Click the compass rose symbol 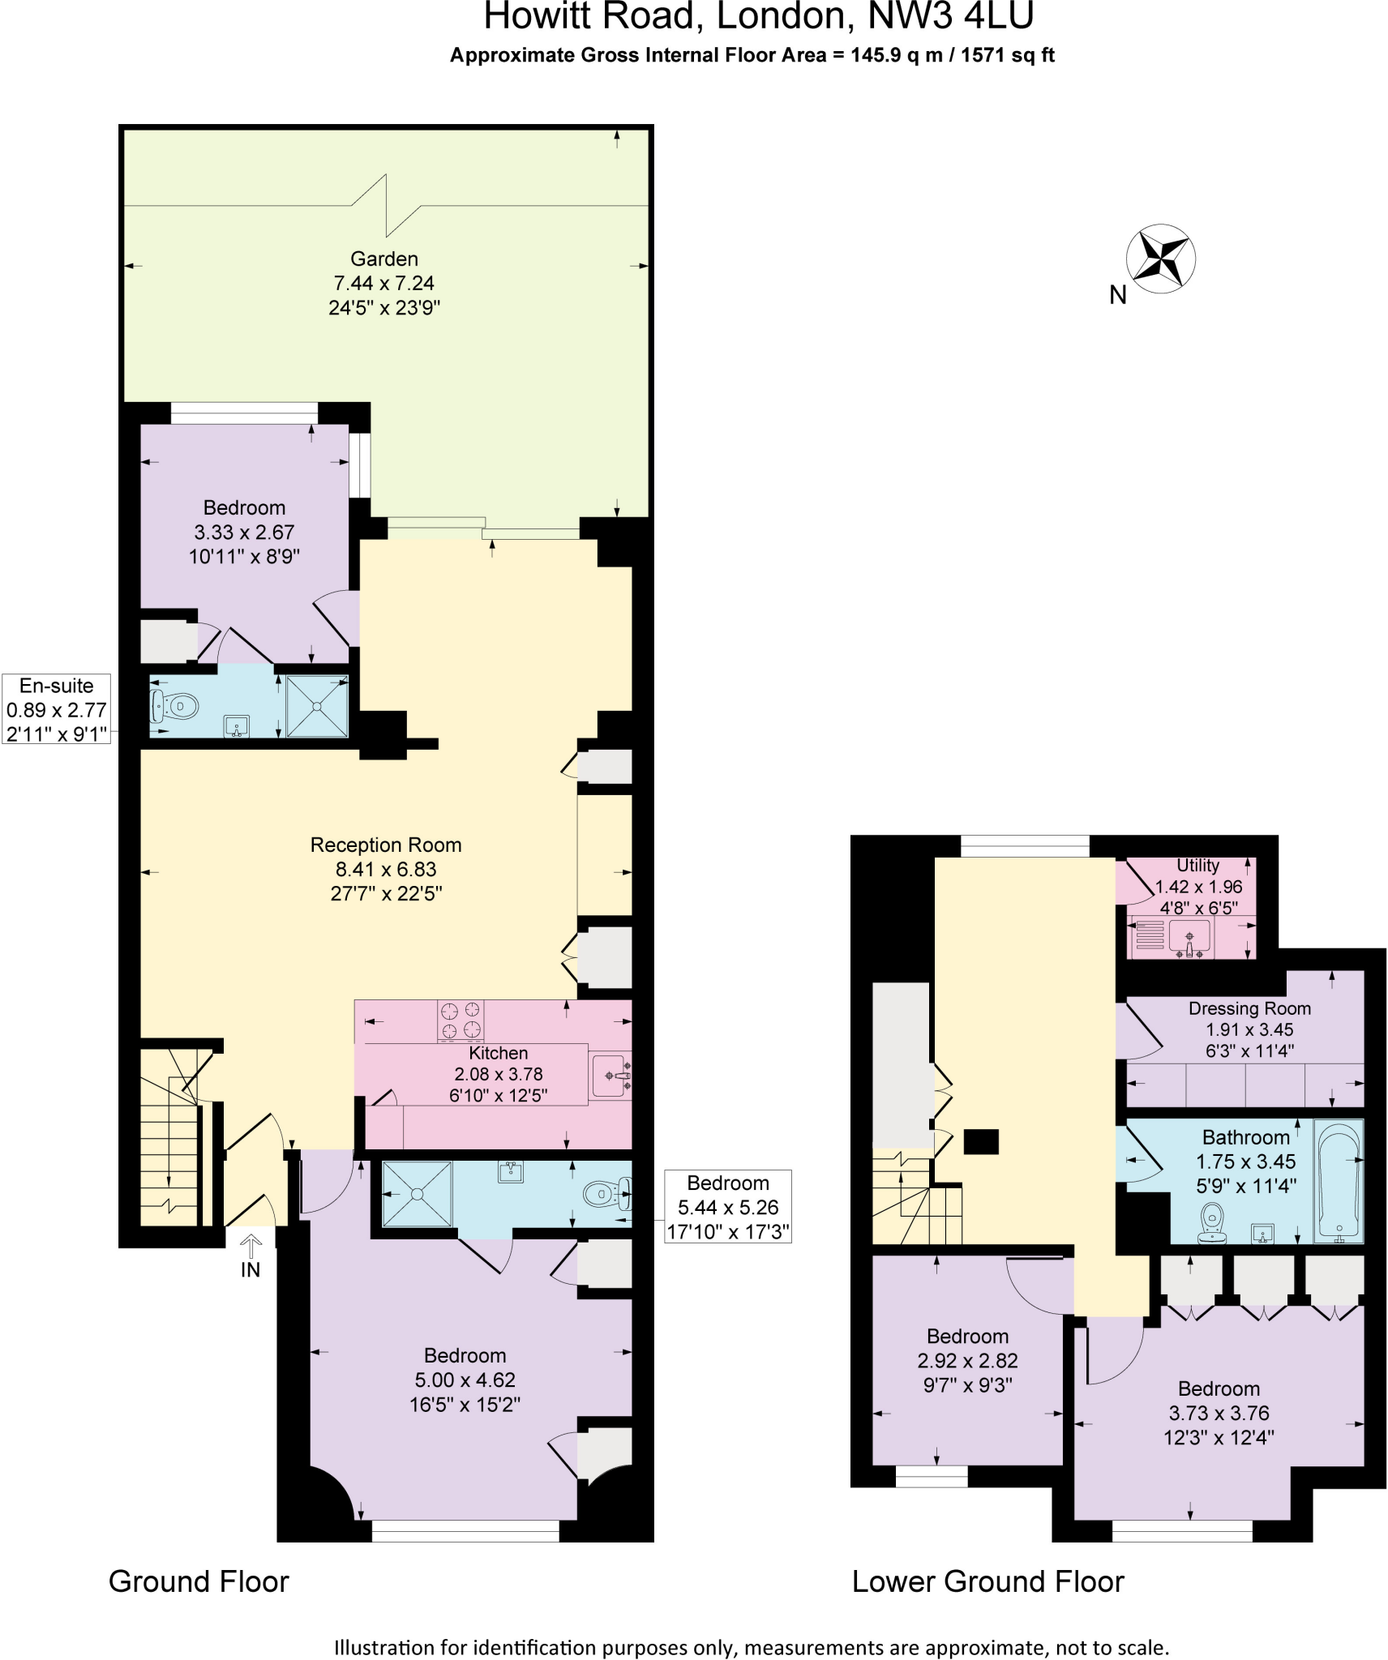[x=1161, y=259]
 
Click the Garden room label [x=384, y=259]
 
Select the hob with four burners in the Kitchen [x=460, y=1020]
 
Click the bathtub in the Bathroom [x=1338, y=1181]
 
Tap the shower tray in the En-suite [x=317, y=706]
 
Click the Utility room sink [x=1189, y=938]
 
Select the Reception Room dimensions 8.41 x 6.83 [x=386, y=869]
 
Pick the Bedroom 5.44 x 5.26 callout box [x=727, y=1207]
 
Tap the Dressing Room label [x=1249, y=1008]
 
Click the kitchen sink [x=610, y=1076]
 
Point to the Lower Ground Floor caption [x=987, y=1581]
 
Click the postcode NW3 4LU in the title [x=950, y=16]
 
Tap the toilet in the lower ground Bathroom [x=1212, y=1221]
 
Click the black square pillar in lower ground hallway [x=981, y=1141]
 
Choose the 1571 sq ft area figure [x=1007, y=55]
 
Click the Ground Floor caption [x=199, y=1581]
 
